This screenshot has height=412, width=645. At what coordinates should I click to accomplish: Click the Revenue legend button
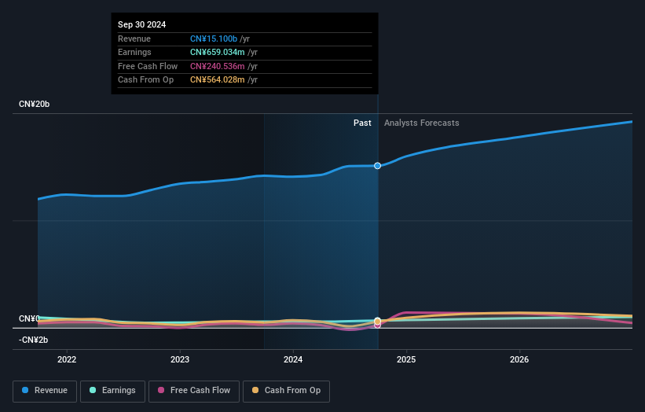pyautogui.click(x=45, y=390)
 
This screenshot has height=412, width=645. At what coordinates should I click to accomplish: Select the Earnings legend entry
pyautogui.click(x=112, y=390)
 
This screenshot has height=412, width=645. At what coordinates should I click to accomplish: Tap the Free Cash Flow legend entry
pyautogui.click(x=196, y=390)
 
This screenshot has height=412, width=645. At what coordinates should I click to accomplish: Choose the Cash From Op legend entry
pyautogui.click(x=286, y=390)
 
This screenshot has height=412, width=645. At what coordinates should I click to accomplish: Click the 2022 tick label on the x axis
pyautogui.click(x=67, y=359)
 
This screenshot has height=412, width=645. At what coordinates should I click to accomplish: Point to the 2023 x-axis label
pyautogui.click(x=180, y=359)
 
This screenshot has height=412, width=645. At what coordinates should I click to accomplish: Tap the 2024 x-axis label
pyautogui.click(x=293, y=359)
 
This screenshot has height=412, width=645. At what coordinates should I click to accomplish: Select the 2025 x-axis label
pyautogui.click(x=406, y=359)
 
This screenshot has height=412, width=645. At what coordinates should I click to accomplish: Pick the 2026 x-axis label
pyautogui.click(x=519, y=359)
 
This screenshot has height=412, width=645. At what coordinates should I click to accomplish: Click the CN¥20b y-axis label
pyautogui.click(x=34, y=105)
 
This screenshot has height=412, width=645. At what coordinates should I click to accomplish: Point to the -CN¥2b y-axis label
pyautogui.click(x=35, y=340)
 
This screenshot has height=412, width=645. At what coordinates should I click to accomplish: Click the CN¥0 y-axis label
pyautogui.click(x=29, y=318)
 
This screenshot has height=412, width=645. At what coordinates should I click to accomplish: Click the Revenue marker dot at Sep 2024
pyautogui.click(x=378, y=165)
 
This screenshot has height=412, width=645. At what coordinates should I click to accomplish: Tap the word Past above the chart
pyautogui.click(x=362, y=123)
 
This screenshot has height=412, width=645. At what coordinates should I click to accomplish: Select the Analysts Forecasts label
pyautogui.click(x=421, y=123)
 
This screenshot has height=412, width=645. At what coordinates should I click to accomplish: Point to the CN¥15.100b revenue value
pyautogui.click(x=214, y=39)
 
